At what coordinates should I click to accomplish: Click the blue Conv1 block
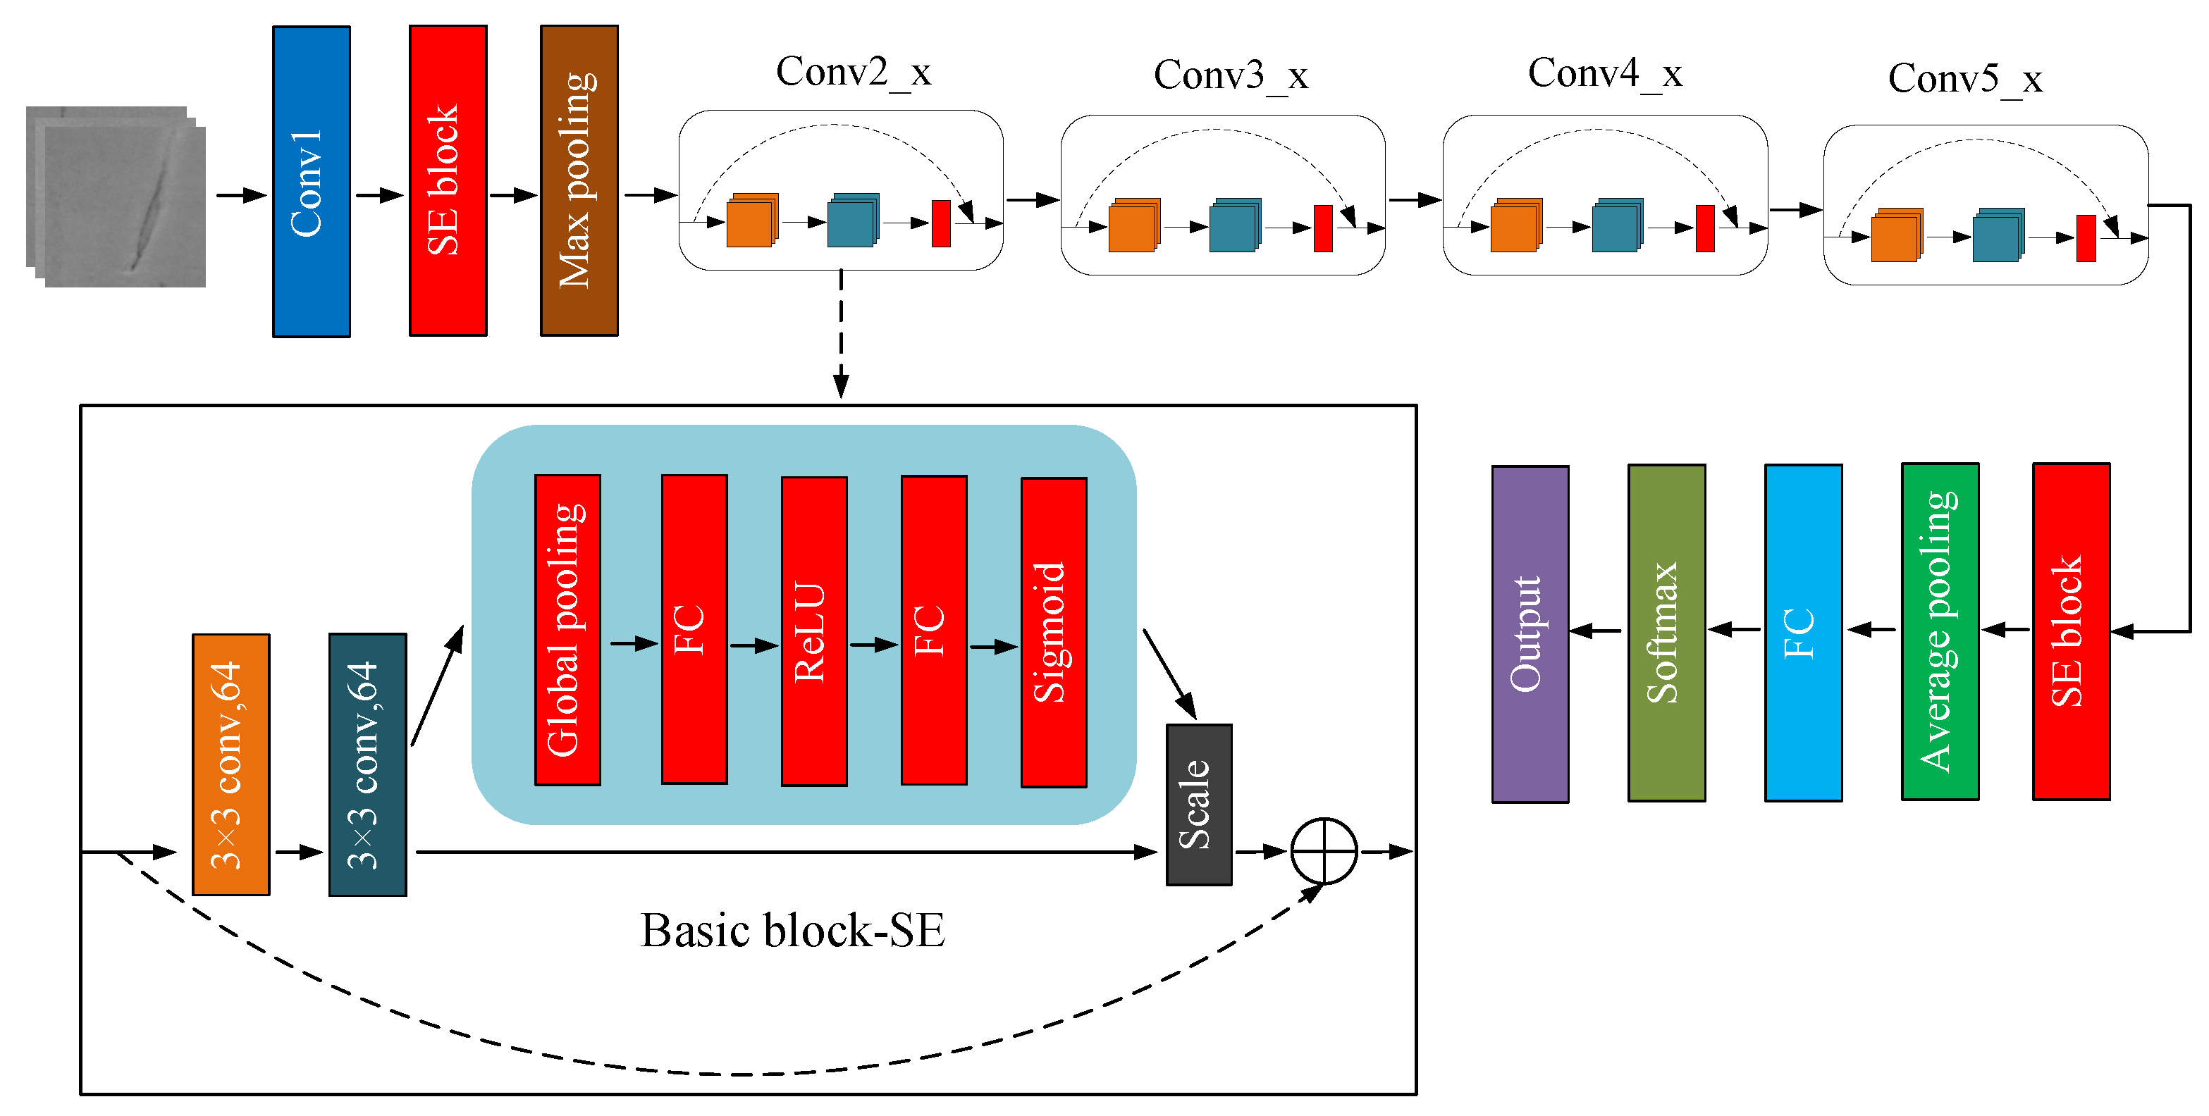point(312,182)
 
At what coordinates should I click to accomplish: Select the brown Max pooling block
point(579,181)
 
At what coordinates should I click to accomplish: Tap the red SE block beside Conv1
point(448,181)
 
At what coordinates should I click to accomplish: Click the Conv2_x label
point(854,72)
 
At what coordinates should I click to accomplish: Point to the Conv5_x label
point(1964,79)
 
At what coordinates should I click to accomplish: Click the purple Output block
point(1530,633)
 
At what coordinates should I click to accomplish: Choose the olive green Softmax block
point(1666,633)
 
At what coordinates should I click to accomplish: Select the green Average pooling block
point(1940,632)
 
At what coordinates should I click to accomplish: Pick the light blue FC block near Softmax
point(1802,633)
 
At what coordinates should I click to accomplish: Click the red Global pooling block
point(567,630)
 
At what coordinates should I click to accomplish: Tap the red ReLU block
point(814,632)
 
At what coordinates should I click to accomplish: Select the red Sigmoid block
point(1053,633)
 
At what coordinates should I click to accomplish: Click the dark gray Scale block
point(1198,804)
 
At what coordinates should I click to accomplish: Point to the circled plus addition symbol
point(1323,851)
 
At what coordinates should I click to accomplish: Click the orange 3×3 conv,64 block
point(230,764)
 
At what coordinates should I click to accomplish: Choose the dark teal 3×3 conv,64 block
point(367,764)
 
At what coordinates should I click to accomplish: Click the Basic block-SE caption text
point(792,931)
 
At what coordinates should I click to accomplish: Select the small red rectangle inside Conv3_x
point(1322,228)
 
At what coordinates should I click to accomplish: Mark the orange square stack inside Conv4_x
point(1515,225)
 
